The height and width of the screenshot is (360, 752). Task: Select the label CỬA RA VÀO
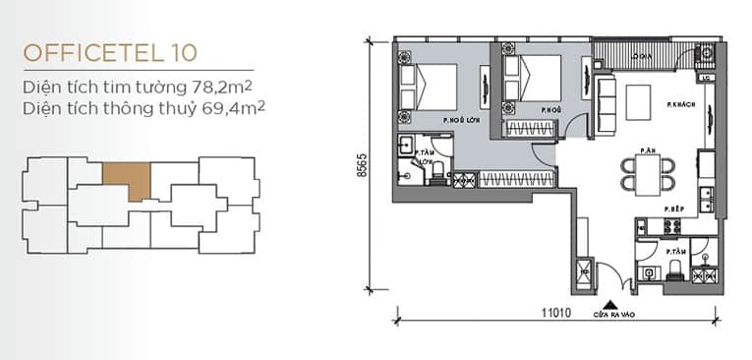coord(610,317)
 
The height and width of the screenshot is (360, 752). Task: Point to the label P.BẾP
coord(673,210)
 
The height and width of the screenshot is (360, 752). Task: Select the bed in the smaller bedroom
coord(531,77)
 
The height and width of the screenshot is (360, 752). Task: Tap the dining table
coord(648,172)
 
